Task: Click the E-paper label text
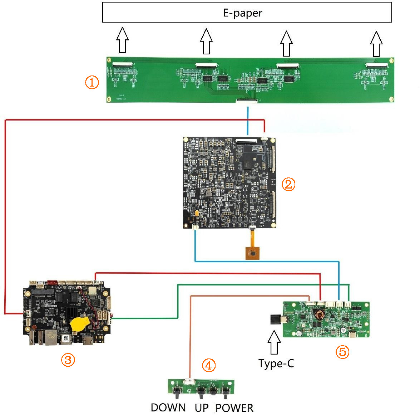pos(243,13)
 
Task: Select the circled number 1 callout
pos(92,83)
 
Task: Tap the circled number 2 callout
pos(288,184)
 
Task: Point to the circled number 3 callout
pos(68,360)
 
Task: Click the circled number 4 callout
pos(209,365)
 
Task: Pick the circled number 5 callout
pos(342,352)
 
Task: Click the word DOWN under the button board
pos(168,408)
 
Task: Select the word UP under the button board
pos(202,408)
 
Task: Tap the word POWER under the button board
pos(234,408)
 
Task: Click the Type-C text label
pos(276,363)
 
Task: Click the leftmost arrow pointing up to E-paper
pos(123,40)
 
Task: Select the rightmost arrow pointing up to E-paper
pos(376,44)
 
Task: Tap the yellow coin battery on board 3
pos(80,324)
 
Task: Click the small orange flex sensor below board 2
pos(252,253)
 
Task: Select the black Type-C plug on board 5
pos(276,319)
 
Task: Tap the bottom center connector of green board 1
pos(247,101)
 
